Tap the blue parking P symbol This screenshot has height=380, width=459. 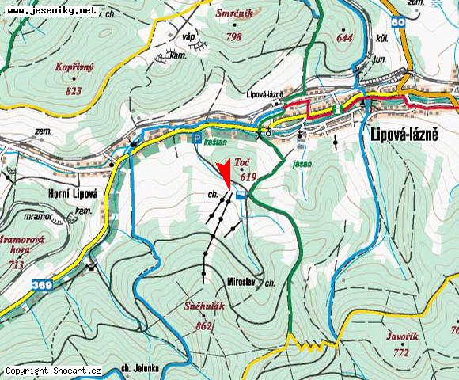pyautogui.click(x=197, y=138)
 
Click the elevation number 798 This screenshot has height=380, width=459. pyautogui.click(x=233, y=37)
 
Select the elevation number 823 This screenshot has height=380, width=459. pyautogui.click(x=74, y=91)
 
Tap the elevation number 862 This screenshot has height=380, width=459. pyautogui.click(x=203, y=325)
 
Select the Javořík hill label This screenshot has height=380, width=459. pyautogui.click(x=403, y=335)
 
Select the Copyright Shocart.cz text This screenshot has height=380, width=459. pyautogui.click(x=53, y=370)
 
